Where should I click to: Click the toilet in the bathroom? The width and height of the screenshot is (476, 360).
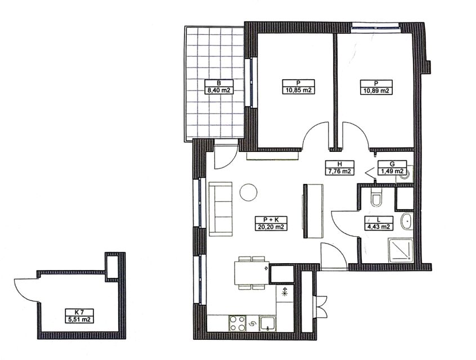[x=376, y=197]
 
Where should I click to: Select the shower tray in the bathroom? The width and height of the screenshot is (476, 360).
[x=401, y=250]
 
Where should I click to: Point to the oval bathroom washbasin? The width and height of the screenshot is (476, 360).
[x=406, y=221]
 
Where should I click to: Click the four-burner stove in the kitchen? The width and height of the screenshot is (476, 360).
[x=237, y=323]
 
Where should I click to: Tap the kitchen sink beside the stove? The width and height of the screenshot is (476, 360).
[x=267, y=323]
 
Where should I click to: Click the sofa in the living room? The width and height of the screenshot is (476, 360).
[x=221, y=209]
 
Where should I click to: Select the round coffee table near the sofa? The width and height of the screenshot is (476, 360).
[x=248, y=192]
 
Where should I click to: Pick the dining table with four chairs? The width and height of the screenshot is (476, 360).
[x=252, y=273]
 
